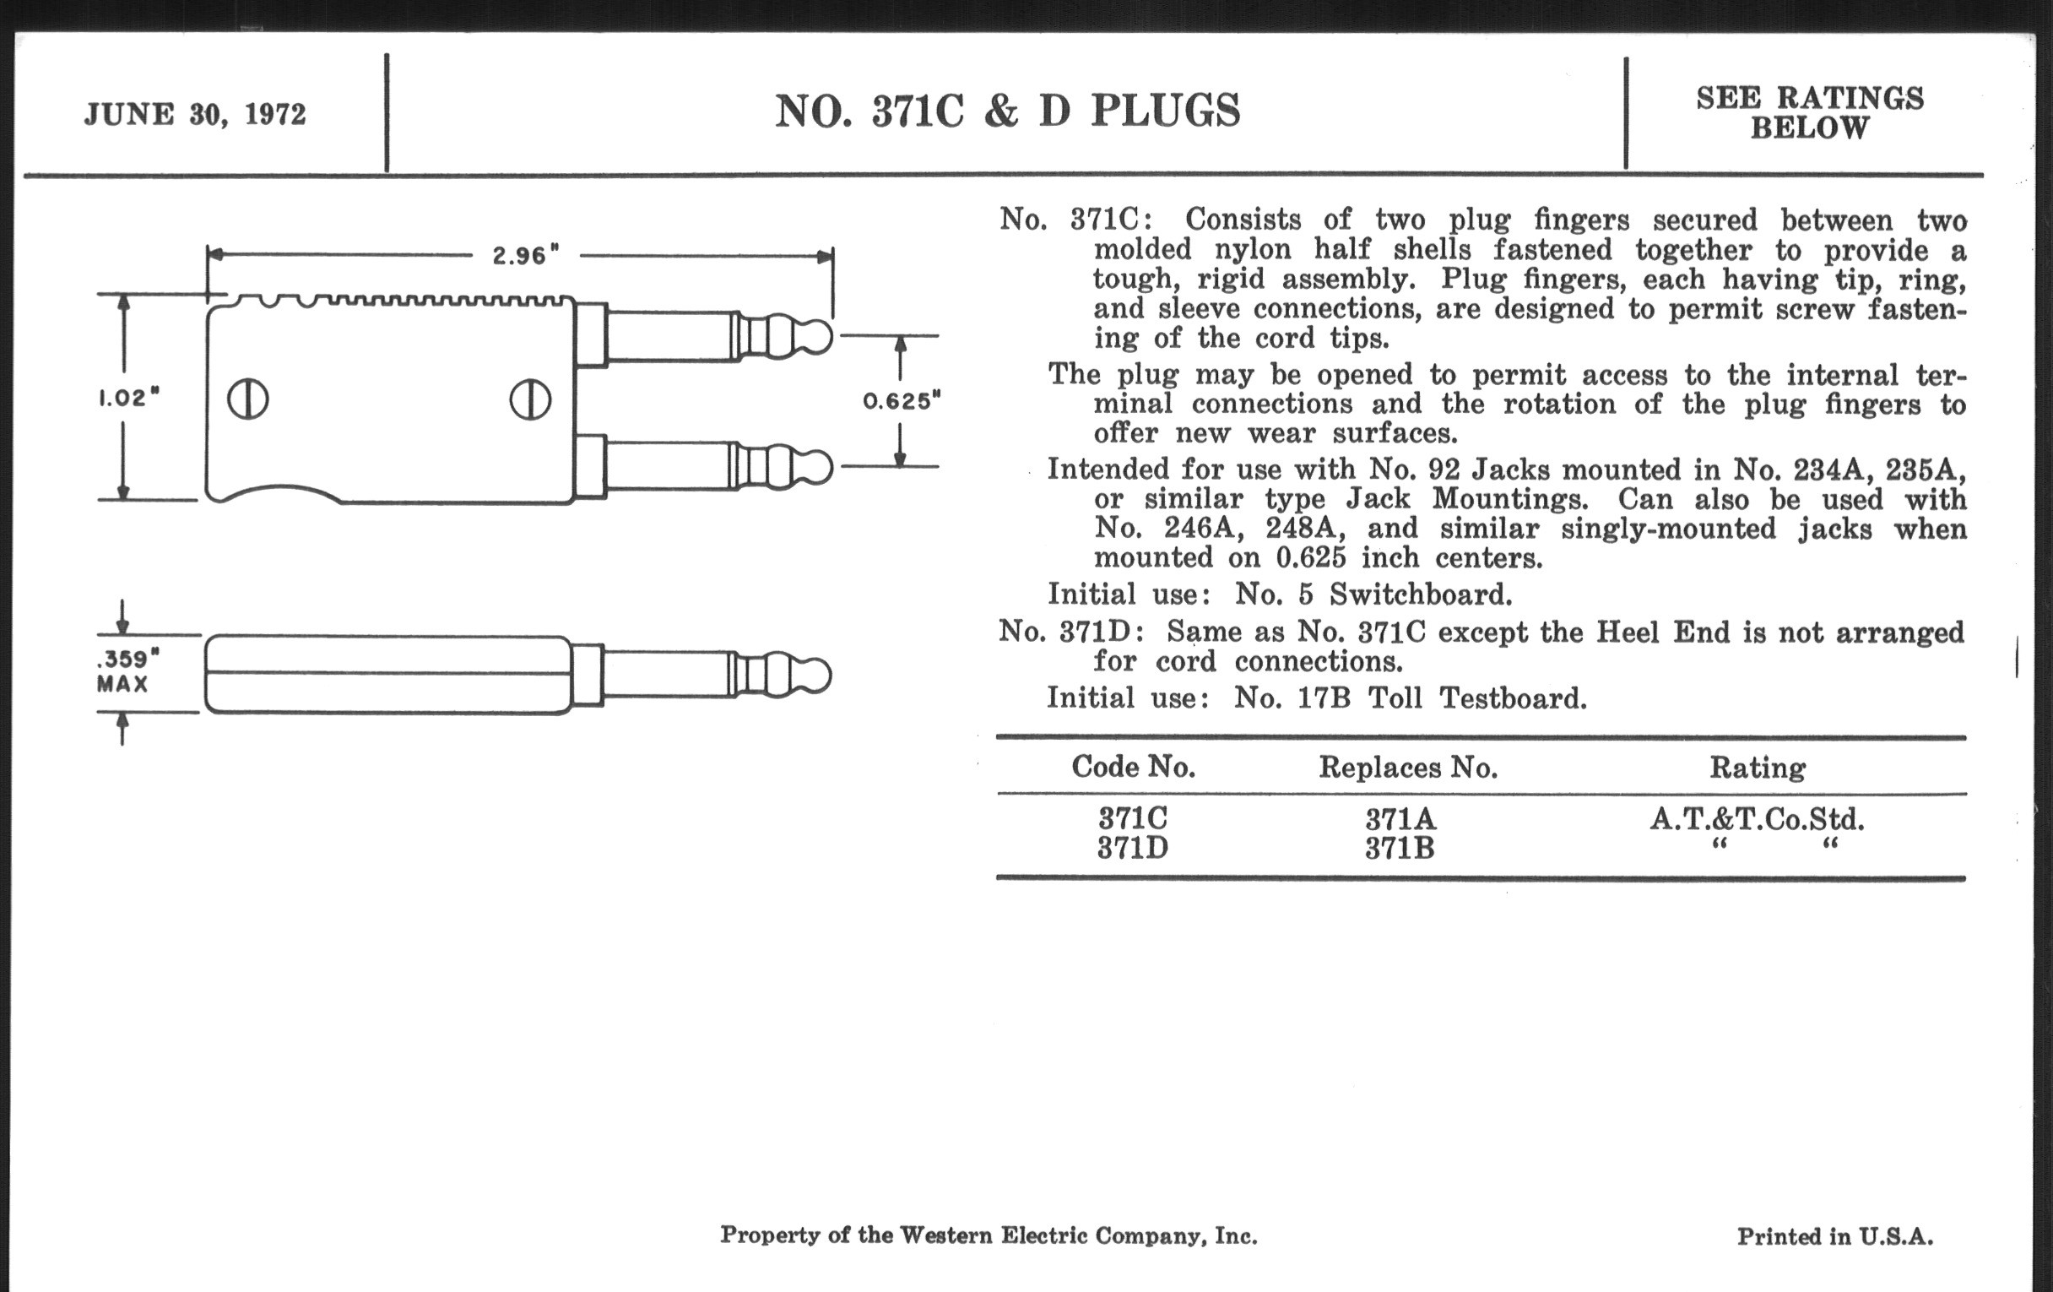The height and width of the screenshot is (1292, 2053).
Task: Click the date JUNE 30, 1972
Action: pos(194,114)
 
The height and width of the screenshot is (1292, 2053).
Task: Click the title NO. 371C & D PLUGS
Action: pos(1007,111)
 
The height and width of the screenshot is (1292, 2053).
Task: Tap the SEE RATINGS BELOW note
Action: pos(1809,112)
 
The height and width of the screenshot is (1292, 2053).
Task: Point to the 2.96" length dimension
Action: pos(525,255)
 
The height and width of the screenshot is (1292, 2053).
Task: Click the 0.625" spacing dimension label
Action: pos(902,401)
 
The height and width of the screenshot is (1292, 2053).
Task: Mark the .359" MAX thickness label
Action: pos(124,671)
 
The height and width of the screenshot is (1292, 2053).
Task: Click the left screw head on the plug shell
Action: pos(248,399)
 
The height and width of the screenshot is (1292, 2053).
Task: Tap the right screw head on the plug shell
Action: pos(530,399)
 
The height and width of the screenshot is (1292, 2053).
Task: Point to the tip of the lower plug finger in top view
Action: pos(818,467)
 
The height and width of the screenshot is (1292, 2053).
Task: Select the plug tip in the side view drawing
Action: pos(816,676)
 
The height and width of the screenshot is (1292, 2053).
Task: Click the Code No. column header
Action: pos(1133,768)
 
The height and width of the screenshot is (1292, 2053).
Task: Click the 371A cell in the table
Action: pos(1400,820)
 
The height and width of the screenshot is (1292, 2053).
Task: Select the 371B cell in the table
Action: pos(1399,850)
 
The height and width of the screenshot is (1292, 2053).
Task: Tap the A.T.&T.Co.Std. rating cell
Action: pos(1758,820)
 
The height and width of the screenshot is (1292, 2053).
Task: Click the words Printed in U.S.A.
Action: pos(1834,1236)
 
